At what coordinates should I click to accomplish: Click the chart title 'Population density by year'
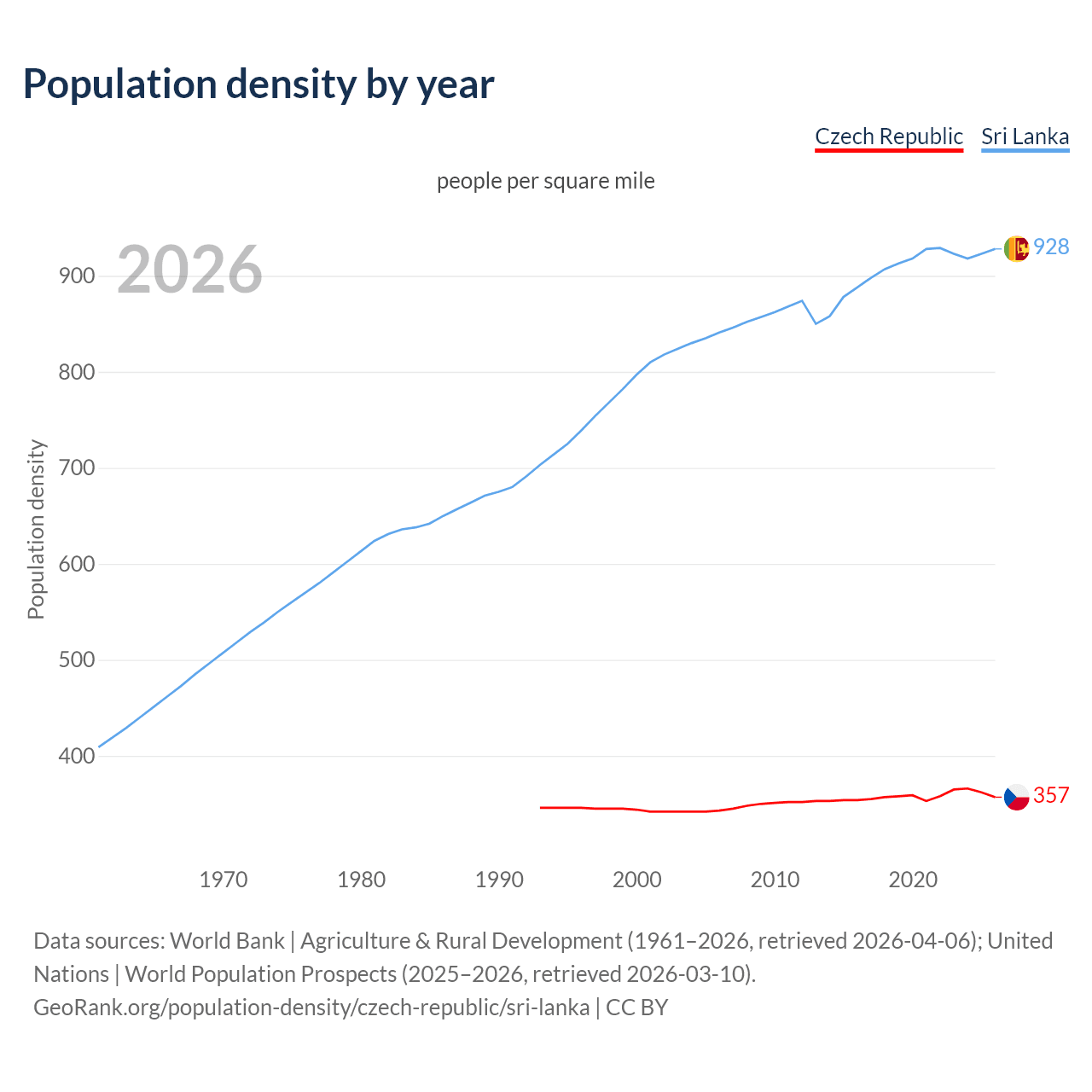point(258,84)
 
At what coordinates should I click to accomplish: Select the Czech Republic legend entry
point(888,136)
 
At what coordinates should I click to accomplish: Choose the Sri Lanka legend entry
point(1025,136)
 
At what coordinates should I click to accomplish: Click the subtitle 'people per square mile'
point(545,182)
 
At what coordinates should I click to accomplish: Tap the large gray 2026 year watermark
point(189,270)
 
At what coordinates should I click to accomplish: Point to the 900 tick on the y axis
point(76,276)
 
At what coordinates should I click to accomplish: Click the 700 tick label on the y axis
point(76,468)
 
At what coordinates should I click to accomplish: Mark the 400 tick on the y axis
point(76,757)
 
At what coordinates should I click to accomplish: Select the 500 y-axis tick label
point(76,660)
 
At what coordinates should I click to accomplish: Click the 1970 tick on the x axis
point(224,880)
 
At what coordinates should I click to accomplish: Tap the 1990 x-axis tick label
point(499,880)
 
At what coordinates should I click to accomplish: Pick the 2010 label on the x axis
point(775,880)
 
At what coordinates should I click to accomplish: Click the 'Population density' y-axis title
point(36,529)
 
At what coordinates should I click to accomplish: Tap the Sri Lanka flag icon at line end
point(1016,248)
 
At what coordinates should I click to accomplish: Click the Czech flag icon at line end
point(1016,797)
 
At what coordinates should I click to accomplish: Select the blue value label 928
point(1051,247)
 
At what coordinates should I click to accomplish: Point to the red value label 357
point(1051,796)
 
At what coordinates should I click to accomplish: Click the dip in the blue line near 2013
point(816,323)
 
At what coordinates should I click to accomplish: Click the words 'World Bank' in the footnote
point(227,941)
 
